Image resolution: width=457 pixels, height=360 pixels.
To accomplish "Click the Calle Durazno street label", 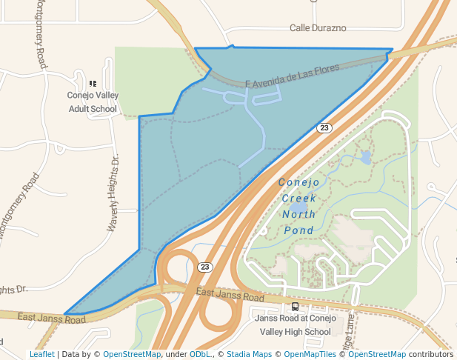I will click(x=317, y=28).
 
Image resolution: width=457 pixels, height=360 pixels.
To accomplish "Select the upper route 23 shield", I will click(x=324, y=128).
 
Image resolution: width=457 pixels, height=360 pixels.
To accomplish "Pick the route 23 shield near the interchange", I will click(x=205, y=267).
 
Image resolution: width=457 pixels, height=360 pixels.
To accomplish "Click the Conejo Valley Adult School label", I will click(x=93, y=101).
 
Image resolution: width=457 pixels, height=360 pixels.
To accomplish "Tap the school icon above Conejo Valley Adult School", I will click(x=93, y=84).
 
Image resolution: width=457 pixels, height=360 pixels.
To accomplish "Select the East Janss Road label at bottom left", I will click(x=52, y=319).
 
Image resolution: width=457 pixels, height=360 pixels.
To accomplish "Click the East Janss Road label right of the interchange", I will click(x=230, y=295).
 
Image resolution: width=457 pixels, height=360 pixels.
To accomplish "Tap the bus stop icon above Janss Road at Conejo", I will click(x=296, y=306).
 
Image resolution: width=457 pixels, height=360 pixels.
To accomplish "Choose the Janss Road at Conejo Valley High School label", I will click(x=292, y=324).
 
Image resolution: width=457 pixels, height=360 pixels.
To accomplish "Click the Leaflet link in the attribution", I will click(x=42, y=354).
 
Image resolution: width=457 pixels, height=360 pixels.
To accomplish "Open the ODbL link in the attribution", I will click(x=200, y=354).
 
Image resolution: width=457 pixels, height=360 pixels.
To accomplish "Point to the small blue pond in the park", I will click(x=365, y=158).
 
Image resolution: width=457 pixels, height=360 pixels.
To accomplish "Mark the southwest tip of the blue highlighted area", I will click(x=65, y=313).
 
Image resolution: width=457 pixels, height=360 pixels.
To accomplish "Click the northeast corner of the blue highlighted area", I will click(x=392, y=50).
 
